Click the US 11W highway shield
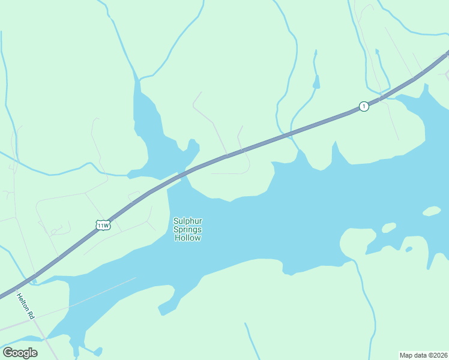(x=103, y=225)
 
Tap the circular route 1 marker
(x=363, y=106)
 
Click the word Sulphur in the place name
(x=187, y=221)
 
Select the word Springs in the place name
(x=187, y=229)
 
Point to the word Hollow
(x=187, y=238)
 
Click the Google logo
(x=20, y=352)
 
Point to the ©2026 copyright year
(x=437, y=355)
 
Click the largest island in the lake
(x=432, y=211)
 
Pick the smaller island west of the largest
(x=389, y=227)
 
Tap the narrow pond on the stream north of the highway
(x=316, y=81)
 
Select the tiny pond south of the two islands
(x=409, y=249)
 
